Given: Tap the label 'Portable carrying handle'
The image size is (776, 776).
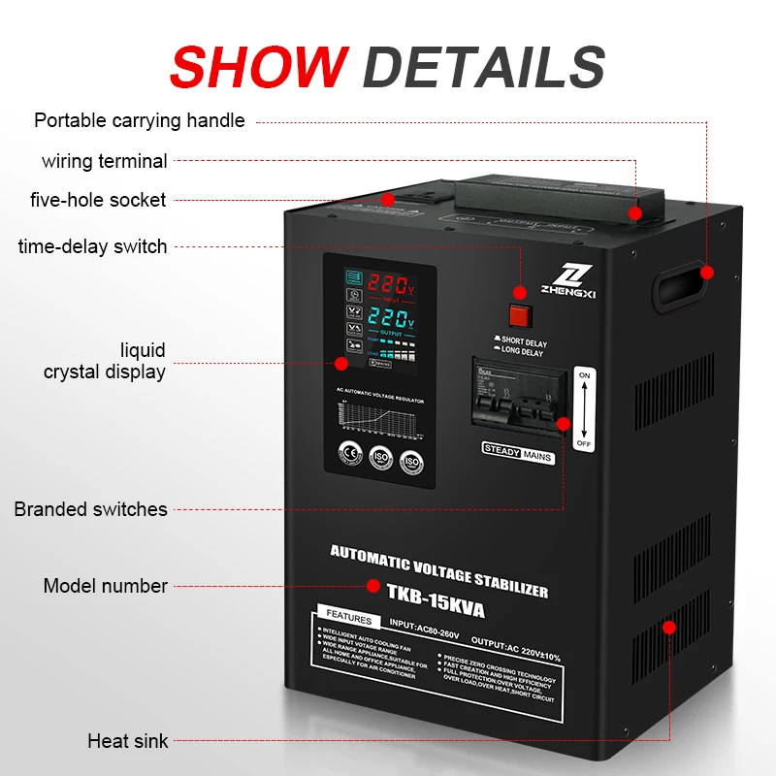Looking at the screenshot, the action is [140, 121].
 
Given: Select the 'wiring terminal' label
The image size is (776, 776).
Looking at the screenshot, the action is [105, 161].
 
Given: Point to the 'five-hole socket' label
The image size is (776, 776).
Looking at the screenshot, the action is [98, 200].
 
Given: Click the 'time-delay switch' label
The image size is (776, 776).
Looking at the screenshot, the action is [93, 246].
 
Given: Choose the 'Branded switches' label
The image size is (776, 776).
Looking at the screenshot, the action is [91, 509].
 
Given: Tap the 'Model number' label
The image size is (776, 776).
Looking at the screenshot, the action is [106, 586].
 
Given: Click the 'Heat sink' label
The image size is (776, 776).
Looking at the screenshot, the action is [128, 741].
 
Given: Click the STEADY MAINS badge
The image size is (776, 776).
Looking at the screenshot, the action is [518, 451].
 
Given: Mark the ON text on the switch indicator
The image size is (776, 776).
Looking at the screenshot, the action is [583, 374].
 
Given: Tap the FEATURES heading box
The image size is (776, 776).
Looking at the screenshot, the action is [348, 618].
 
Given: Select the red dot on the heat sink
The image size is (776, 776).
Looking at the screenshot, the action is [668, 627].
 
